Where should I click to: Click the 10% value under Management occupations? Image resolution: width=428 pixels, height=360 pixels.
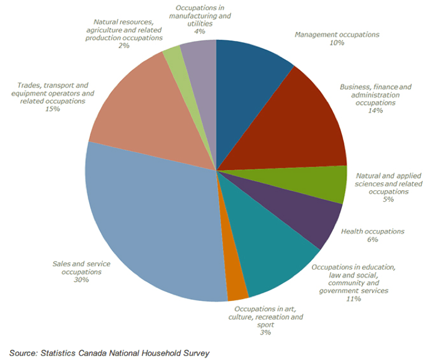[337, 43]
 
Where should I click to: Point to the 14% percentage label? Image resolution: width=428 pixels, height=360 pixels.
[375, 111]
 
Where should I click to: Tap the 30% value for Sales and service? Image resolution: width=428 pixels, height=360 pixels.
[81, 280]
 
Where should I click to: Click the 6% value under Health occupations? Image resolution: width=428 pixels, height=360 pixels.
[373, 240]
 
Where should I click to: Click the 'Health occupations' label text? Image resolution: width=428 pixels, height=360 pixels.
[373, 231]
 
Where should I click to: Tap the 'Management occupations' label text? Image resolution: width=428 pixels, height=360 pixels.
[337, 35]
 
